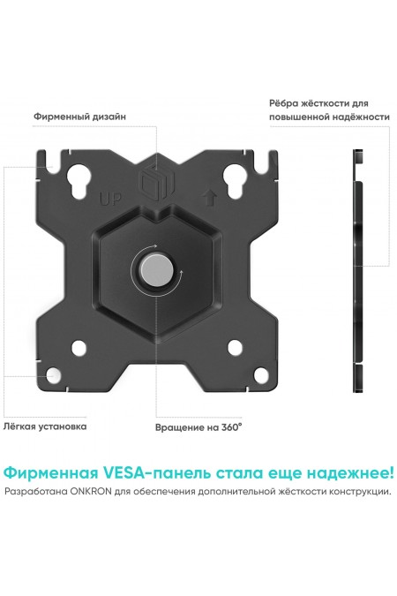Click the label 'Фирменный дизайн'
[79, 116]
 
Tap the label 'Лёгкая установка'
[46, 426]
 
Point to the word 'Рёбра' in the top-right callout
[285, 102]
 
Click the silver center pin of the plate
[156, 270]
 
